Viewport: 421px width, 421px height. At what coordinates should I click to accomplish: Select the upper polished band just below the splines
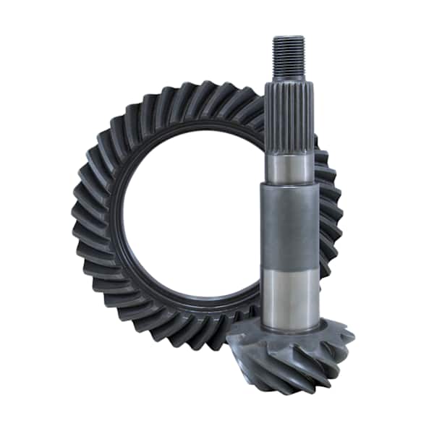289,167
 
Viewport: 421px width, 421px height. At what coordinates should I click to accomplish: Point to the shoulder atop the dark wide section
289,185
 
